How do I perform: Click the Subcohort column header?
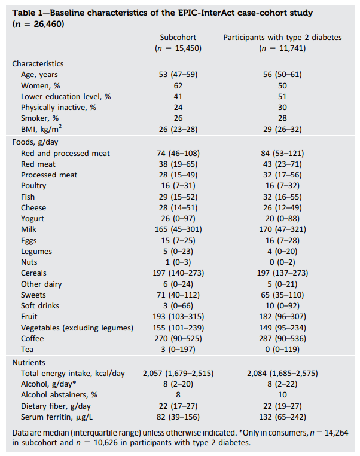point(178,38)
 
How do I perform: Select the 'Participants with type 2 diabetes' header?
point(282,38)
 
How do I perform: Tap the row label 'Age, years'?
point(39,75)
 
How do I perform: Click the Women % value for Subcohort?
point(178,86)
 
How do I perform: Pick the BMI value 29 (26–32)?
point(282,129)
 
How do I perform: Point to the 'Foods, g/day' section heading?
point(35,142)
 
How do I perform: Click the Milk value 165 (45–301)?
point(178,229)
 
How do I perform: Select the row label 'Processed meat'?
point(49,175)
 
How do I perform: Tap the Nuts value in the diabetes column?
point(282,262)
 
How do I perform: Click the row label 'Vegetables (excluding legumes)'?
point(77,328)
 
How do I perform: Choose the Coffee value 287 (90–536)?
point(282,339)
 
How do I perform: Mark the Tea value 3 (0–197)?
point(178,349)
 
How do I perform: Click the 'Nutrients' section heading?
point(29,363)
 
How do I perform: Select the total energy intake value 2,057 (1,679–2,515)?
point(178,374)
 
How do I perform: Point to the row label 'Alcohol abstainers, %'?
point(59,395)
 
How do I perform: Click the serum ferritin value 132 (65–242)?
point(282,417)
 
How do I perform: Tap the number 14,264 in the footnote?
point(336,433)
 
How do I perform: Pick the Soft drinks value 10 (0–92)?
point(282,306)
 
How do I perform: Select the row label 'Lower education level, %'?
point(66,97)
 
